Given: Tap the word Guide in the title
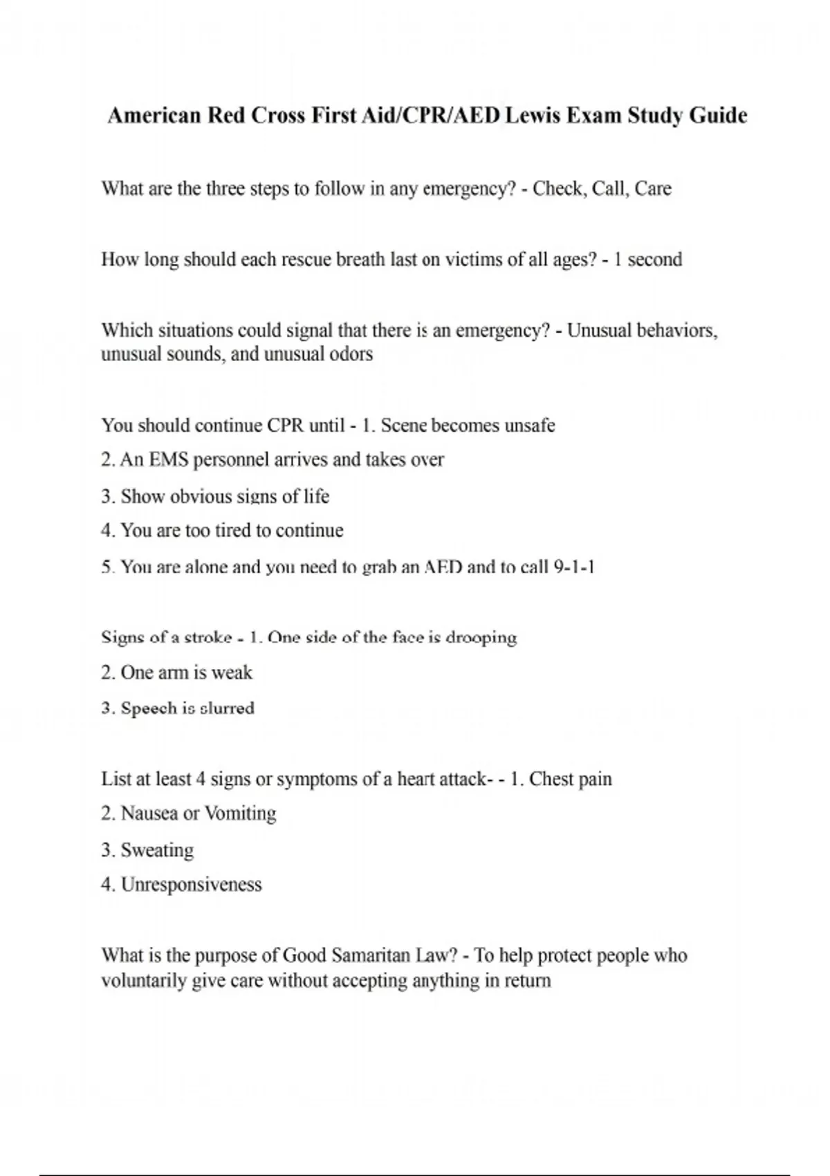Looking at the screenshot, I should pos(718,115).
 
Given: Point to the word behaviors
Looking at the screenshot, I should pos(676,331).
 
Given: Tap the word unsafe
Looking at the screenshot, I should pos(530,425).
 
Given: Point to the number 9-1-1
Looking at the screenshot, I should pos(575,567).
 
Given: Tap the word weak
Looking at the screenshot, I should pos(232,672).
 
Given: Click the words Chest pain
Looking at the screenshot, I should pos(571,779).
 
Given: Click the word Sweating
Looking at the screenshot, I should pos(157,850).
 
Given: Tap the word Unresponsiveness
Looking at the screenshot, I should pos(192,885).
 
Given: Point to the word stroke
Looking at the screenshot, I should pos(208,637).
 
